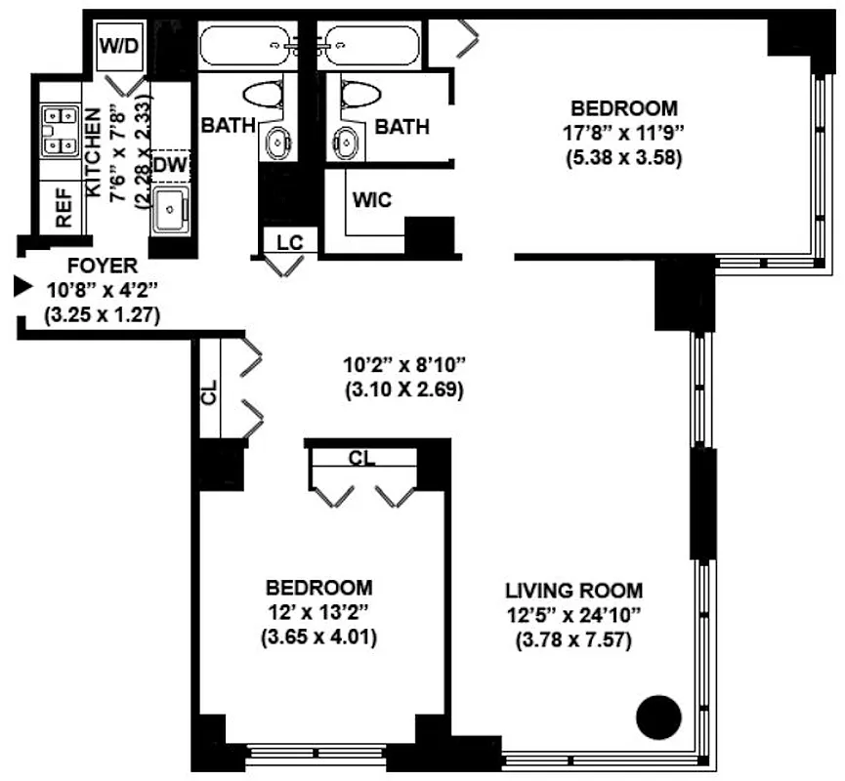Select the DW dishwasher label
pyautogui.click(x=169, y=165)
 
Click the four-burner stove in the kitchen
pyautogui.click(x=60, y=131)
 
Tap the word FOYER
pyautogui.click(x=102, y=266)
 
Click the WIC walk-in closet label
pyautogui.click(x=372, y=200)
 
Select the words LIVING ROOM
pyautogui.click(x=573, y=591)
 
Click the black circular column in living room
pyautogui.click(x=657, y=718)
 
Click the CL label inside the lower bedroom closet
pyautogui.click(x=361, y=458)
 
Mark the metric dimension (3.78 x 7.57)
pyautogui.click(x=573, y=641)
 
